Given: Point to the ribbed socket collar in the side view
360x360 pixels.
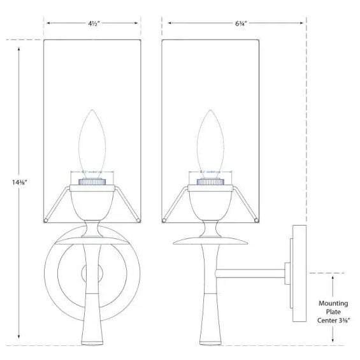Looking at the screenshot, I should (212, 182).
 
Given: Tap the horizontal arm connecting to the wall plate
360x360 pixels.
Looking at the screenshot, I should (252, 274).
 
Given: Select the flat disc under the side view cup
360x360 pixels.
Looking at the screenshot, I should (212, 239).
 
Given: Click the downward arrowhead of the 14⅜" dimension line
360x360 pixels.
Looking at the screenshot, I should (19, 338).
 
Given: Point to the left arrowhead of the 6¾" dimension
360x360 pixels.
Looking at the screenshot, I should (167, 23).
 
